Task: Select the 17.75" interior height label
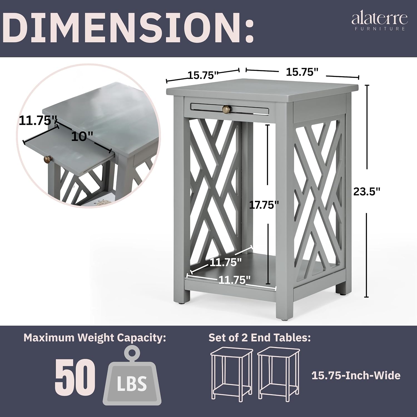(264, 205)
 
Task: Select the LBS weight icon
(132, 376)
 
